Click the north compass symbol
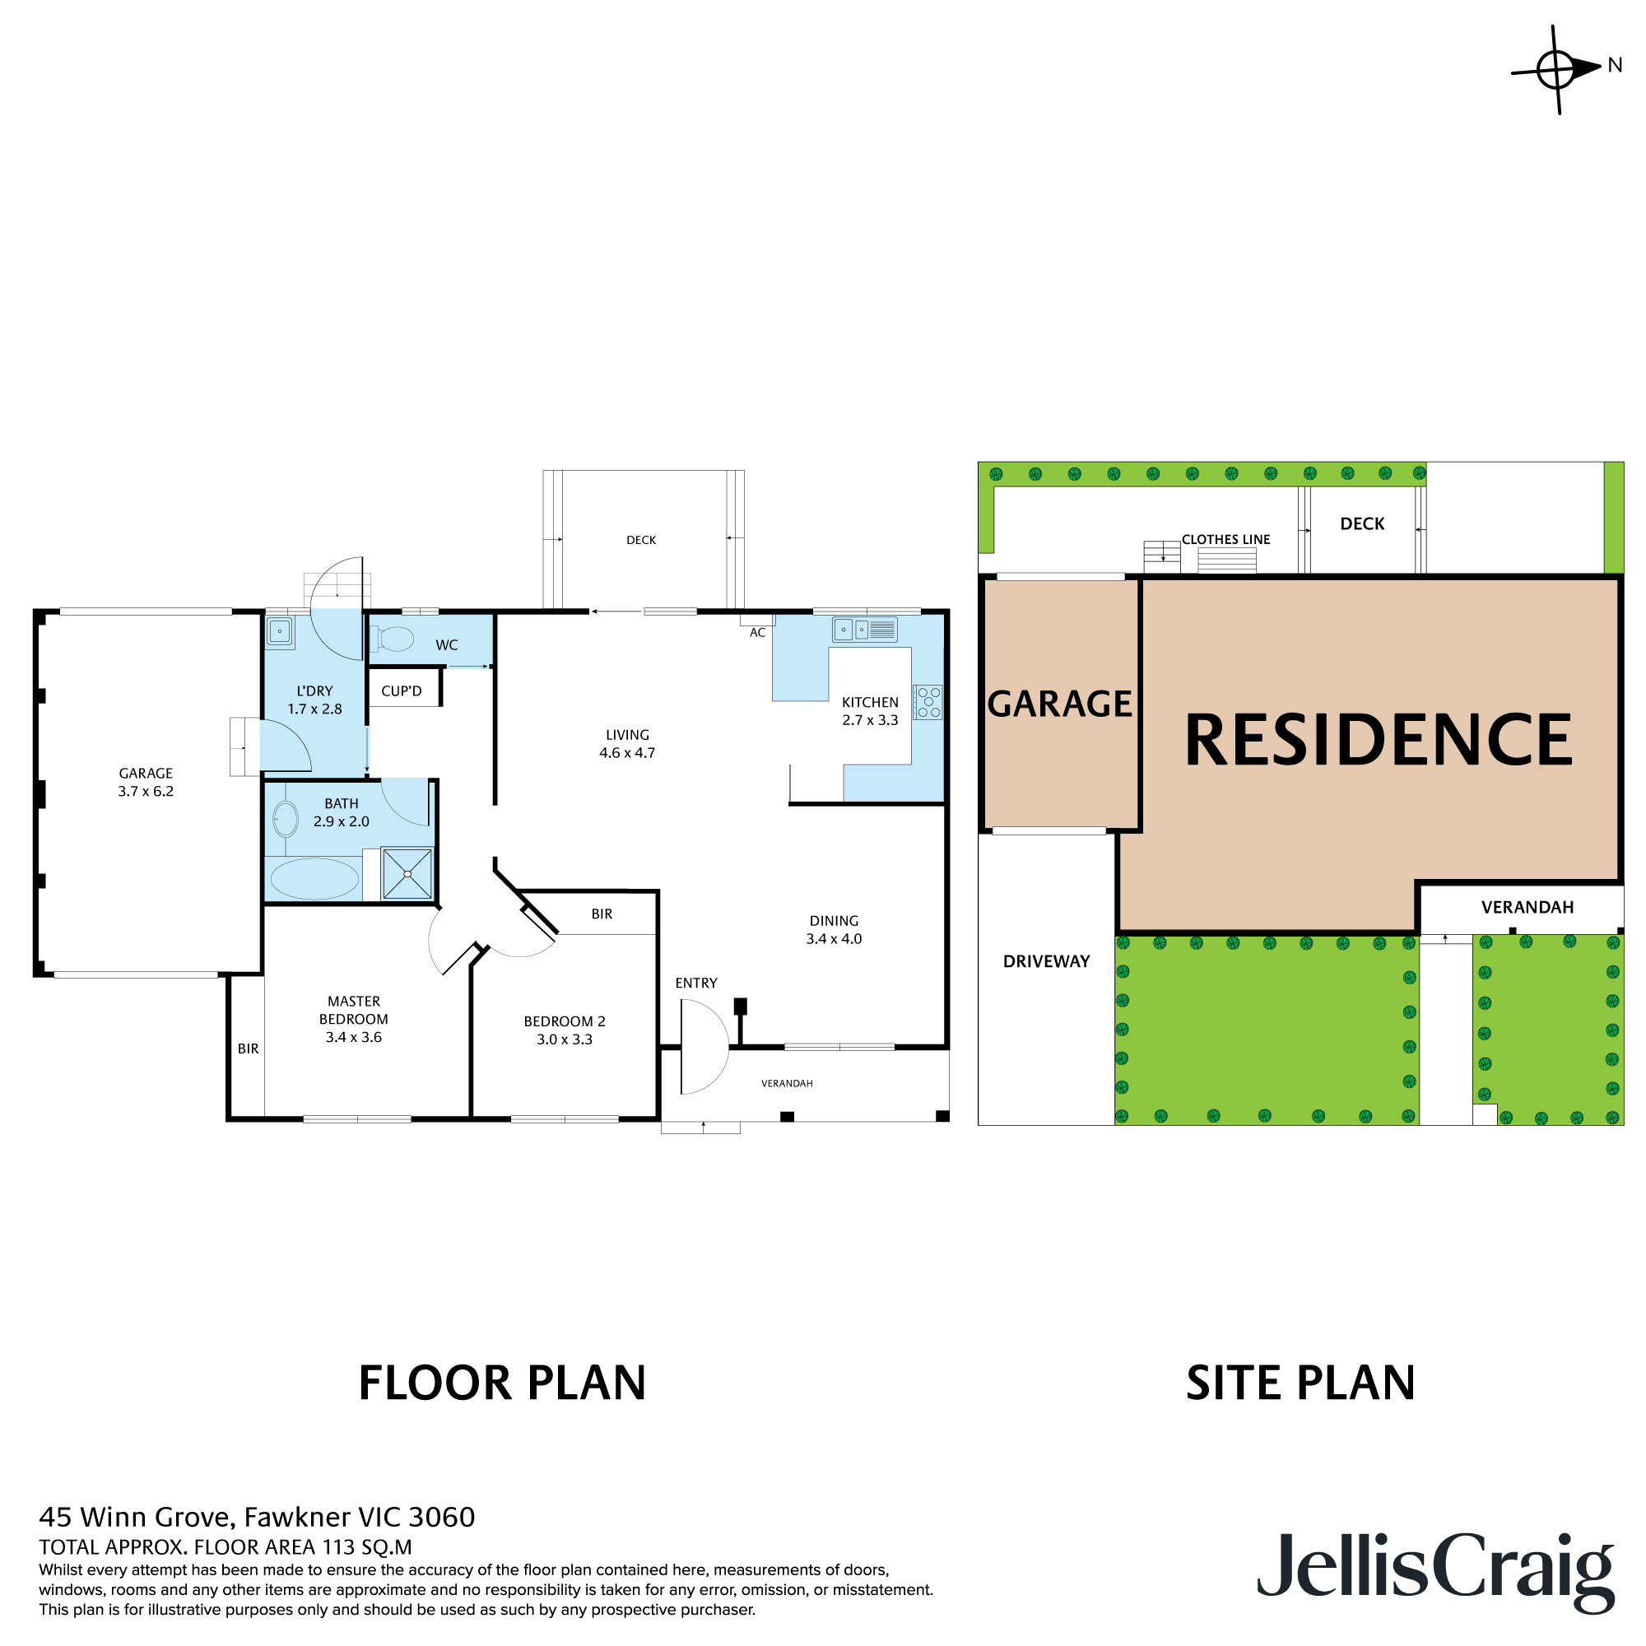coord(1557,68)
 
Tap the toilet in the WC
coord(393,639)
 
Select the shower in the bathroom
coord(407,873)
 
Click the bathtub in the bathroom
coord(314,879)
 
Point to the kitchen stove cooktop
coord(928,703)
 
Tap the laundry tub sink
coord(280,632)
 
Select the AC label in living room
coord(757,633)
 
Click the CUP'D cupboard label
coord(402,691)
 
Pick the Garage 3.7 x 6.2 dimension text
coord(146,792)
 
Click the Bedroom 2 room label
coord(564,1021)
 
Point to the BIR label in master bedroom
coord(248,1049)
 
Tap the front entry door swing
coord(704,1047)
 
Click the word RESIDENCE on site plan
coord(1378,740)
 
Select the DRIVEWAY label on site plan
coord(1046,961)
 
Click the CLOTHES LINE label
coord(1225,539)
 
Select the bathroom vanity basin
coord(285,821)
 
